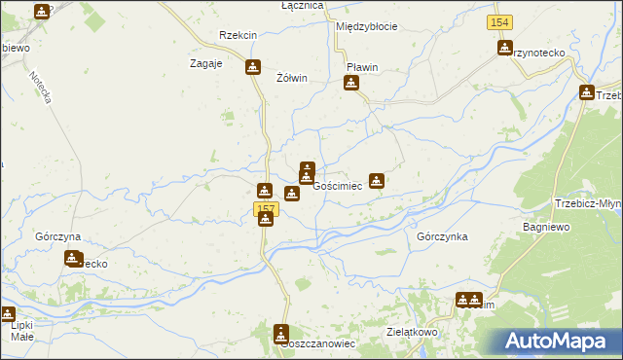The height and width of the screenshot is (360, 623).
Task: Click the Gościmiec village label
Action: [x=338, y=185]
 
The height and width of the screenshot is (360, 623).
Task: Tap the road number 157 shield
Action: [x=266, y=209]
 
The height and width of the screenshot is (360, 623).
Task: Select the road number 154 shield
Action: [x=499, y=21]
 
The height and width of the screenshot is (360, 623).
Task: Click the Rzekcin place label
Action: [x=238, y=35]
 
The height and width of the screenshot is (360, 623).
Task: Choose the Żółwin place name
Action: [x=292, y=78]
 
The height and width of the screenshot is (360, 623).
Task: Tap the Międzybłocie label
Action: [x=366, y=26]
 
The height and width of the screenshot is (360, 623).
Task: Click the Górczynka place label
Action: [x=442, y=236]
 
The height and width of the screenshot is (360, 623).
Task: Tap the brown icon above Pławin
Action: [x=351, y=84]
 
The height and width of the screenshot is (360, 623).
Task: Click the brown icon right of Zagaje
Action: [x=253, y=67]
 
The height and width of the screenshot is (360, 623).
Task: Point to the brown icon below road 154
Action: [x=505, y=48]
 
